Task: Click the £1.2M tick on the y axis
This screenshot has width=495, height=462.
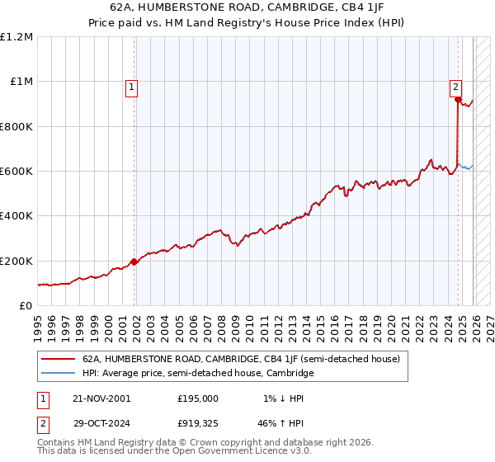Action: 17,36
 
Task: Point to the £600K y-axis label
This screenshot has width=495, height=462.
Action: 17,171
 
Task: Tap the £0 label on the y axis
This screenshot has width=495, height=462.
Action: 26,305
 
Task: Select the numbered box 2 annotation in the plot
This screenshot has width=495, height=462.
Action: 455,85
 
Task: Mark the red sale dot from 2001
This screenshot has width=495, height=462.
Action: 134,262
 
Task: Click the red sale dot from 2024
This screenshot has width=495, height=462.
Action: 458,100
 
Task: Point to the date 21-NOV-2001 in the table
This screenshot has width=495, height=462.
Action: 101,398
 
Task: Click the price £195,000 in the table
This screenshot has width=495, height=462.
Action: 197,398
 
